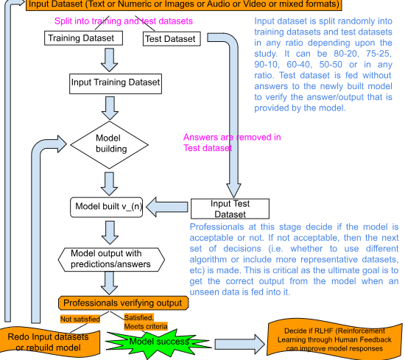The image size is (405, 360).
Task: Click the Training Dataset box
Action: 83,38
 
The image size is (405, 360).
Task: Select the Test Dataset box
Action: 172,39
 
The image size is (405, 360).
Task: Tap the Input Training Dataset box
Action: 116,84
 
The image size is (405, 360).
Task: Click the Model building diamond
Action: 109,145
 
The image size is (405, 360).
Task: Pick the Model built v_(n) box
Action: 107,207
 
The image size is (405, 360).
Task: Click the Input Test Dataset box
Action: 230,208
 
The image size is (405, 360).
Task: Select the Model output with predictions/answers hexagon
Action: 111,260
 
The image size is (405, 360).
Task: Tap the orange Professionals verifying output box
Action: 124,303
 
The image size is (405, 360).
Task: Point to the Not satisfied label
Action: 80,320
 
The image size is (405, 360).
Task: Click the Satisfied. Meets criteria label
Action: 146,322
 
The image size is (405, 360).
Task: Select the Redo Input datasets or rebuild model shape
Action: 49,342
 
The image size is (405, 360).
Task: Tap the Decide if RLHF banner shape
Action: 334,339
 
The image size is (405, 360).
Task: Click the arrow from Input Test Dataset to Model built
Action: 167,207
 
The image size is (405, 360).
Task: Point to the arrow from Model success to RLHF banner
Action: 240,345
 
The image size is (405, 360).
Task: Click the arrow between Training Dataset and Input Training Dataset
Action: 109,60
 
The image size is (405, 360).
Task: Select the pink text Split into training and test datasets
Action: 124,21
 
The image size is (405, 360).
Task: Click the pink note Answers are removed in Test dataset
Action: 232,143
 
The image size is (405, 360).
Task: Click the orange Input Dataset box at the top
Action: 184,4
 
